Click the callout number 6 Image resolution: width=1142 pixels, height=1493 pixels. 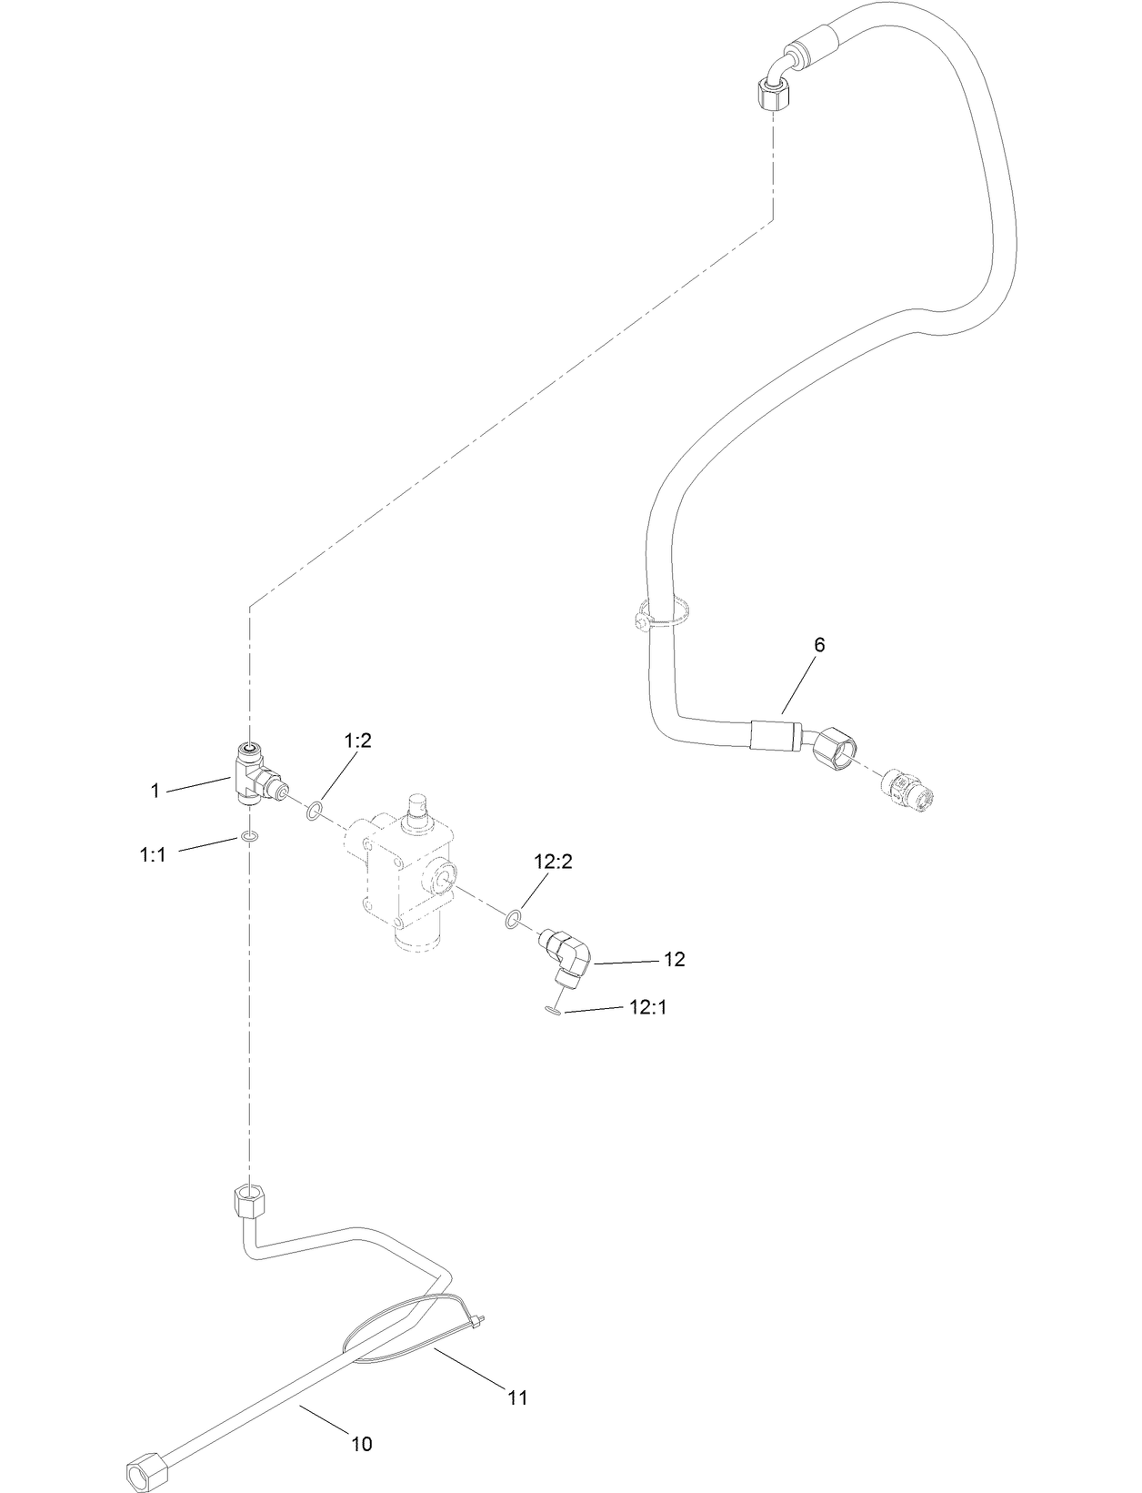tap(819, 645)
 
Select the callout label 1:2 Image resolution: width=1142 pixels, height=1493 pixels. tap(357, 741)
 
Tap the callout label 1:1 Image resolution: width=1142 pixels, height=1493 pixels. tap(153, 854)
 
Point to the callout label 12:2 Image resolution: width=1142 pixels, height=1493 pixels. tap(553, 862)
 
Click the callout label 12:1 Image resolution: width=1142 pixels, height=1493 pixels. tap(647, 1007)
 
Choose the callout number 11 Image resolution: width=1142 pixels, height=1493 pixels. tap(517, 1397)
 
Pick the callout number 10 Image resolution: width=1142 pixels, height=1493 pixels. tap(362, 1444)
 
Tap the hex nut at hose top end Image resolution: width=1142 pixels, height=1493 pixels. tap(773, 94)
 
